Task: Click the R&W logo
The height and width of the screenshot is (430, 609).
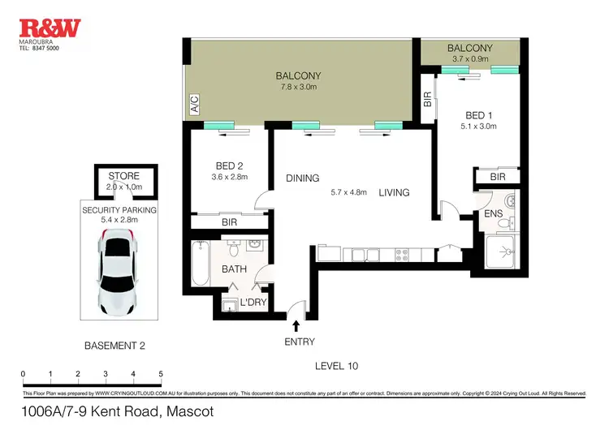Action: tap(50, 28)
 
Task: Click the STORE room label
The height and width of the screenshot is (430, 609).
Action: tap(123, 176)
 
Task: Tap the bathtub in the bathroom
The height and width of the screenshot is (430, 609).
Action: tap(201, 264)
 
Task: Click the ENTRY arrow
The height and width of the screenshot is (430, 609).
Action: tap(296, 326)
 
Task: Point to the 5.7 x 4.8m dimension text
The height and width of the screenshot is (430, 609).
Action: tap(348, 193)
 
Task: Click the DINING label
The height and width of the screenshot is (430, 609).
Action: tap(302, 178)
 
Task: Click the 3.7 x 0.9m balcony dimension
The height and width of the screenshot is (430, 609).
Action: tap(470, 59)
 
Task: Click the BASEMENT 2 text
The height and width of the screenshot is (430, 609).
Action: tap(114, 346)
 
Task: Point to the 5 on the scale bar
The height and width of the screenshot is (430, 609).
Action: tap(161, 374)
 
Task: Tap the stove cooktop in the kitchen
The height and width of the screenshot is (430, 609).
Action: tap(403, 255)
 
